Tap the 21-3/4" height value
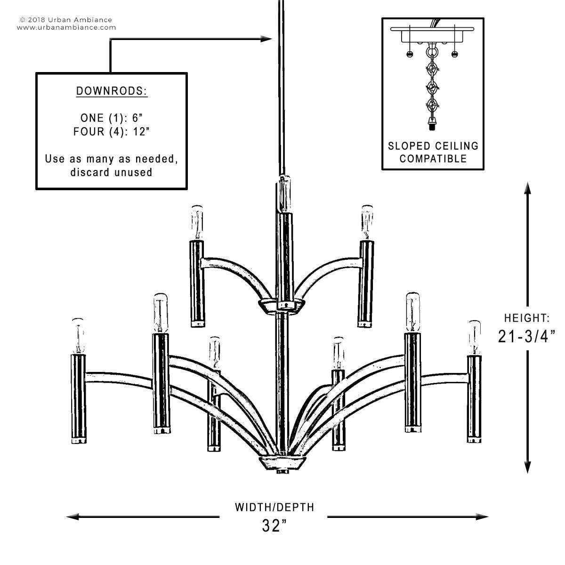[x=527, y=336]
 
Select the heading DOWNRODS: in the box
[x=112, y=91]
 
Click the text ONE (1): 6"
[x=112, y=118]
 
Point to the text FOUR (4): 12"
[x=112, y=131]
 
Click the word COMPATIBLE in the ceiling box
[x=433, y=158]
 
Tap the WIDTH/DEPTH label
[x=274, y=507]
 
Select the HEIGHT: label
[x=526, y=318]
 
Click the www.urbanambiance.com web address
[x=66, y=27]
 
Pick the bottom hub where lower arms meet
[x=282, y=462]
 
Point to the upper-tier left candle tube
[x=197, y=282]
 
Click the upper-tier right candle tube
[x=365, y=282]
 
